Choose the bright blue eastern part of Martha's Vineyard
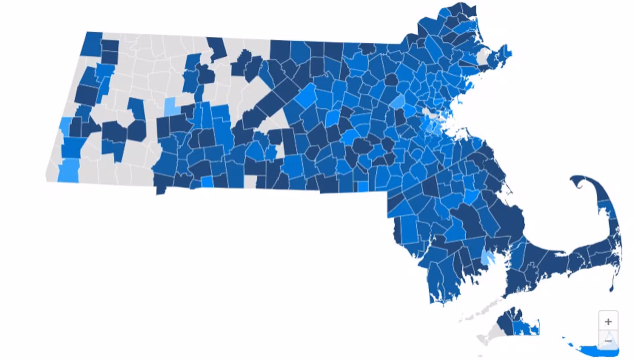tap(527, 328)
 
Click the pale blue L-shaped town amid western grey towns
tap(170, 107)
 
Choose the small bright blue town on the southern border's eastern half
tap(362, 186)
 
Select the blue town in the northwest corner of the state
tap(92, 44)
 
